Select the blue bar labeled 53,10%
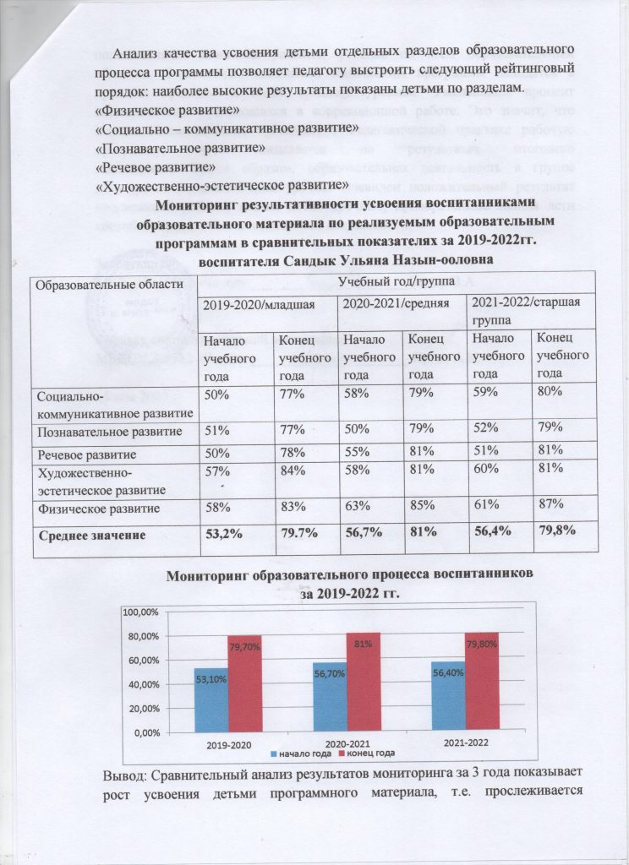click(210, 701)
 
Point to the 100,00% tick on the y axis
click(141, 611)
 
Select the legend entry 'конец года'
click(367, 753)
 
